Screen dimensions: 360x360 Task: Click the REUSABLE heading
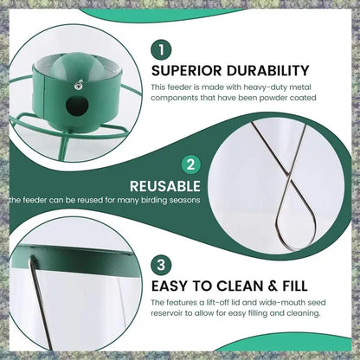[x=165, y=185]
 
